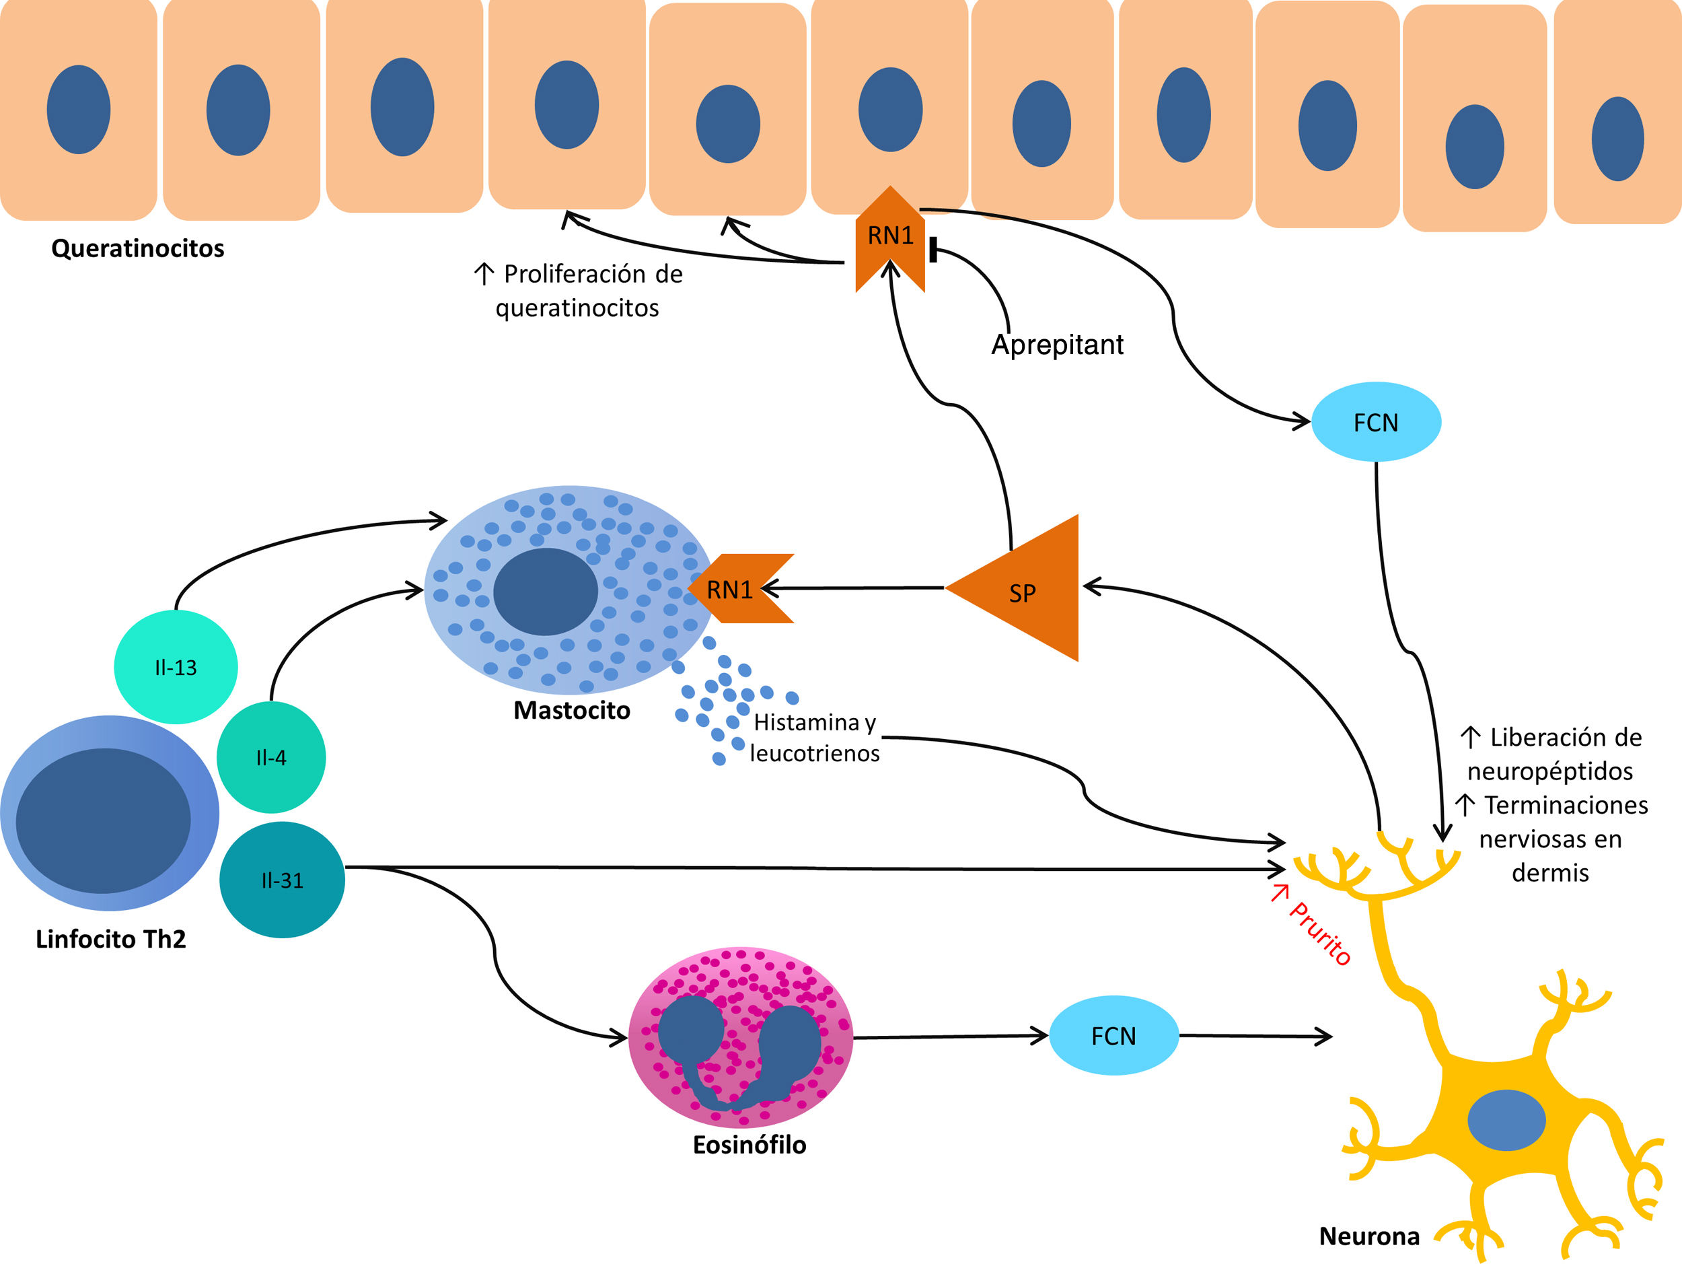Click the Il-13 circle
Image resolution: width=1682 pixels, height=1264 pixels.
click(x=176, y=667)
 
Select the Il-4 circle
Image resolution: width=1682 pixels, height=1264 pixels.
click(x=271, y=757)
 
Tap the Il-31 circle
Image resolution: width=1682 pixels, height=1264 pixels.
click(x=282, y=880)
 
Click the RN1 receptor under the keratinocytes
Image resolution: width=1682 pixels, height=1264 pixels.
click(x=890, y=238)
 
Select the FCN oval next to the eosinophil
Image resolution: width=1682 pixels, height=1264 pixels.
click(x=1114, y=1036)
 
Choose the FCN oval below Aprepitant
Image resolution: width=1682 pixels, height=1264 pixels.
click(x=1376, y=422)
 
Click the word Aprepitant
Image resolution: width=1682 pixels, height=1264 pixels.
click(x=1057, y=345)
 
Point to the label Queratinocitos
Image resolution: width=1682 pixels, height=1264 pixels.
click(x=138, y=248)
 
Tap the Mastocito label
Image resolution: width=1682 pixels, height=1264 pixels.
click(x=572, y=710)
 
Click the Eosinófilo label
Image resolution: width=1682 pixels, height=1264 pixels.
click(x=749, y=1145)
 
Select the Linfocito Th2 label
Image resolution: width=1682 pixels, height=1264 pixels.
click(x=111, y=940)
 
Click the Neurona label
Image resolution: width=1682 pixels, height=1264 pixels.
click(x=1368, y=1236)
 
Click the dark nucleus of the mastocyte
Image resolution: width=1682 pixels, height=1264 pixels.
click(x=545, y=591)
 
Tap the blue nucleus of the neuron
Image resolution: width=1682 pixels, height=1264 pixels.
click(x=1506, y=1120)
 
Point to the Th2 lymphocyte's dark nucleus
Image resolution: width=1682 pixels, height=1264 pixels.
click(x=104, y=820)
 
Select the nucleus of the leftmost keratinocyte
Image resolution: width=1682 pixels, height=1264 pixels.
click(x=78, y=110)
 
